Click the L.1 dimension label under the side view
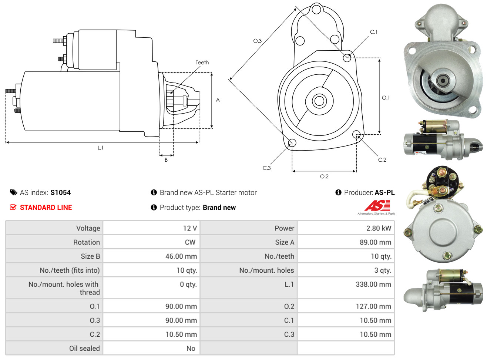point(100,148)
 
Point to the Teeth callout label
point(202,63)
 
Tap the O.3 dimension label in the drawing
point(257,41)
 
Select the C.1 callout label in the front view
point(374,32)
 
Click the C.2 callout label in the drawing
point(382,160)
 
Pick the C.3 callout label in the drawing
point(266,168)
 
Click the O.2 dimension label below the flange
point(324,176)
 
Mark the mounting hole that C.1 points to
point(347,57)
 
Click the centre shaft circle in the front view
point(319,101)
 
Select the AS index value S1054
point(60,192)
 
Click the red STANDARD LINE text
point(46,208)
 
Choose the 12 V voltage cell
point(190,228)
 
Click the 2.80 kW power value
point(378,228)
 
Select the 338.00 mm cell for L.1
point(373,285)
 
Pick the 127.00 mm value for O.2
point(373,306)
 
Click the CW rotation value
point(190,242)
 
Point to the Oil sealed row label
point(84,348)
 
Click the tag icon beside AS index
point(13,192)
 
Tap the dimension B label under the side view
point(166,160)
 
